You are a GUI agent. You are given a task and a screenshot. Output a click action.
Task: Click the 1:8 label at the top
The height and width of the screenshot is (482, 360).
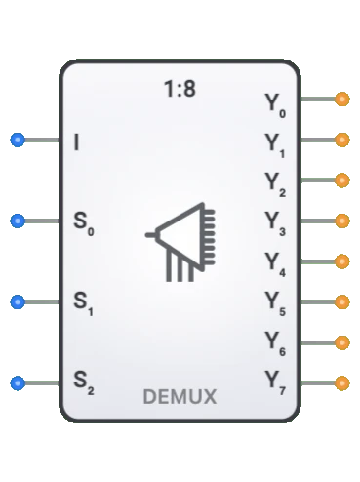[x=180, y=90]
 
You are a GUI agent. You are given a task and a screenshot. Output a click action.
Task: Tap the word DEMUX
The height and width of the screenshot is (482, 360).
[x=180, y=397]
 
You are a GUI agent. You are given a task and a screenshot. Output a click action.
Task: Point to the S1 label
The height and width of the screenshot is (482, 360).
[x=82, y=302]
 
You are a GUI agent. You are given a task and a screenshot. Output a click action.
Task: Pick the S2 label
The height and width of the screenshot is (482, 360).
[x=82, y=382]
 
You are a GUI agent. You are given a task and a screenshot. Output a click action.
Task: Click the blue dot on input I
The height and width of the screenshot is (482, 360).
[x=17, y=141]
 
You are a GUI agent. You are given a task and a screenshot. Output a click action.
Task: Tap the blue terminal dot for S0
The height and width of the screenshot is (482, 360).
[x=17, y=221]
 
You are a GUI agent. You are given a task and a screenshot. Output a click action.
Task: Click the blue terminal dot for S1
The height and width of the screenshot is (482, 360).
[x=17, y=302]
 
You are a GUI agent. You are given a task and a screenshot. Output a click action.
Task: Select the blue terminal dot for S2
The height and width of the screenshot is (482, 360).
[x=17, y=382]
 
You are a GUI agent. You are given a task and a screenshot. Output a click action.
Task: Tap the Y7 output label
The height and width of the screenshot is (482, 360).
[x=274, y=382]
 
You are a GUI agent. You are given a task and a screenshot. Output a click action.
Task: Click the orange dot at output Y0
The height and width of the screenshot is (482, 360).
[x=341, y=100]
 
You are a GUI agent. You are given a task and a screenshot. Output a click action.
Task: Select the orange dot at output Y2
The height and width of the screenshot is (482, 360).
[x=341, y=181]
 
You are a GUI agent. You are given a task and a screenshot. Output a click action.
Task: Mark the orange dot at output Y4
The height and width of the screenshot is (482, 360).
[x=341, y=261]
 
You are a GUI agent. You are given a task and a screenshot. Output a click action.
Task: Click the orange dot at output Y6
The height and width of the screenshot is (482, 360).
[x=341, y=342]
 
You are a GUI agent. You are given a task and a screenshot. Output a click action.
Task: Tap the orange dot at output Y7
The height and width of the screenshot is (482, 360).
[x=341, y=382]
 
